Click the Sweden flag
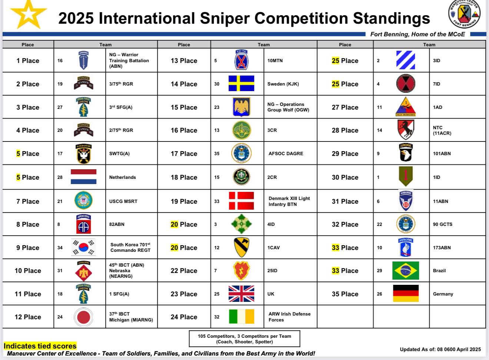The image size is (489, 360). (x=241, y=83)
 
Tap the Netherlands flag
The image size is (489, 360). (x=83, y=176)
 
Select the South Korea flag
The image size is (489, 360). (x=83, y=247)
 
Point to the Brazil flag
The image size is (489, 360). (x=406, y=270)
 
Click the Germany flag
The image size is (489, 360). (x=406, y=293)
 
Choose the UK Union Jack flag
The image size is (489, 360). (x=241, y=294)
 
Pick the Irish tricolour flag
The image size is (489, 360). (x=242, y=316)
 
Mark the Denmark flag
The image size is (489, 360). (x=241, y=201)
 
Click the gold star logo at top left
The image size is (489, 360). (x=29, y=14)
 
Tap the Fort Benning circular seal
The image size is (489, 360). (x=464, y=14)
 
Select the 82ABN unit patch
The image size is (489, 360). (x=83, y=224)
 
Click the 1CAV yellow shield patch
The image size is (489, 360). (x=241, y=247)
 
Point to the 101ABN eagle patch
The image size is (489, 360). (x=406, y=152)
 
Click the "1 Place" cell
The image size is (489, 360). (x=28, y=60)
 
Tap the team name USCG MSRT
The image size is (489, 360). (x=123, y=201)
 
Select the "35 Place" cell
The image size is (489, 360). (x=345, y=294)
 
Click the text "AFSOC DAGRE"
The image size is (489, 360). (x=286, y=153)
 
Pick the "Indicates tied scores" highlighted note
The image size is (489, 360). (x=40, y=346)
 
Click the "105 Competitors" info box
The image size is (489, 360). (x=244, y=339)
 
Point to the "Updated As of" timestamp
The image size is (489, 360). (x=440, y=349)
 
